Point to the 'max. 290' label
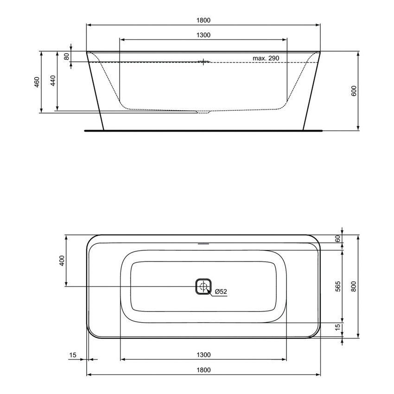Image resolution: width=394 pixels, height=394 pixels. [x=266, y=58]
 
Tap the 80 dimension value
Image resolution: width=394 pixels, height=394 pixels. [x=66, y=56]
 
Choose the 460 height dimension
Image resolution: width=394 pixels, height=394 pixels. [x=37, y=81]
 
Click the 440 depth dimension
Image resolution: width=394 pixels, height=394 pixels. [x=52, y=81]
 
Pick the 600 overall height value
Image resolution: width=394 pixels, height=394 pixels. [x=354, y=91]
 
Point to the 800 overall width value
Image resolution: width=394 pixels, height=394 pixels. [x=354, y=286]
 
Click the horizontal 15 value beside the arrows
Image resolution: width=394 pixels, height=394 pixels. [x=72, y=355]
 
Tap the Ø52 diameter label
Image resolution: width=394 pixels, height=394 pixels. [x=220, y=292]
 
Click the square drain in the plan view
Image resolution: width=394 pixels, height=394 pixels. [x=203, y=286]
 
